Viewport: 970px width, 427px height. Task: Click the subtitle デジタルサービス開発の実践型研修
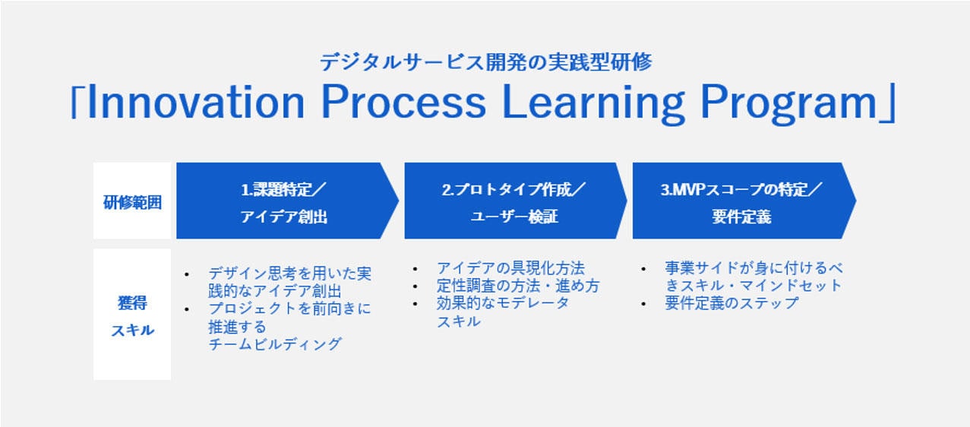[485, 62]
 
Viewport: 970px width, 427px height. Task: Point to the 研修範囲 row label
[132, 202]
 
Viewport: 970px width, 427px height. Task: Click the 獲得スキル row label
[132, 316]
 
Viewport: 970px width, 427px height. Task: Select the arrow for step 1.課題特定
[286, 201]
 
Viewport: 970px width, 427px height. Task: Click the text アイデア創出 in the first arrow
[284, 217]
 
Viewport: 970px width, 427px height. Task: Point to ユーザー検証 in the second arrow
[514, 217]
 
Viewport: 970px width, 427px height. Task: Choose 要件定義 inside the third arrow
[741, 217]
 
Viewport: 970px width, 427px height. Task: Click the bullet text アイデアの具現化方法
[510, 268]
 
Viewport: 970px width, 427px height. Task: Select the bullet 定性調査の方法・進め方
[517, 286]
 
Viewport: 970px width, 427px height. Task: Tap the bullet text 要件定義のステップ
[731, 303]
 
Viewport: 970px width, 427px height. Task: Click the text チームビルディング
[275, 344]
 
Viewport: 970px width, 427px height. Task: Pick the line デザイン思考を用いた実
[289, 273]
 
